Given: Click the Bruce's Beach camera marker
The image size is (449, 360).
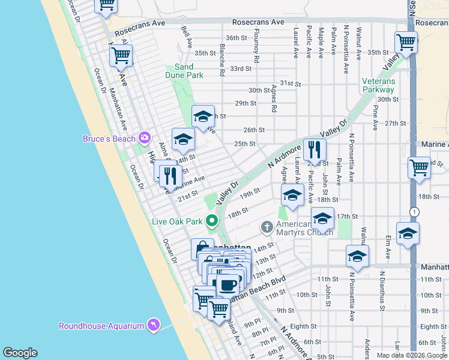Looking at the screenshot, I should click(x=144, y=139).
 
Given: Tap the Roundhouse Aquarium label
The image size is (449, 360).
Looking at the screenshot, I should click(x=101, y=326).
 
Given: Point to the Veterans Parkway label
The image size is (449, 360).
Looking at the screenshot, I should click(x=378, y=85).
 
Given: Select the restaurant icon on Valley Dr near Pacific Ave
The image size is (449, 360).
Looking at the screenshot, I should click(x=315, y=150).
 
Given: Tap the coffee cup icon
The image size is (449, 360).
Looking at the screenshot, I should click(x=228, y=284).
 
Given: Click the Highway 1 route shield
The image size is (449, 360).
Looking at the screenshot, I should click(x=414, y=212).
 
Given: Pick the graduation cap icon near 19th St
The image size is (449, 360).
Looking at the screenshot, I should click(x=292, y=195).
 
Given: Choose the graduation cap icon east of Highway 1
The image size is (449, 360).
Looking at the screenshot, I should click(x=408, y=233).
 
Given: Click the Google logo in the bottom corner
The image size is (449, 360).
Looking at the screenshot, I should click(x=20, y=353).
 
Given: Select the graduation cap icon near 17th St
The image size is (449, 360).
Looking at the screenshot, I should click(x=322, y=219).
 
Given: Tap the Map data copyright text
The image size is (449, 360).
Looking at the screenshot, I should click(x=412, y=355).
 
